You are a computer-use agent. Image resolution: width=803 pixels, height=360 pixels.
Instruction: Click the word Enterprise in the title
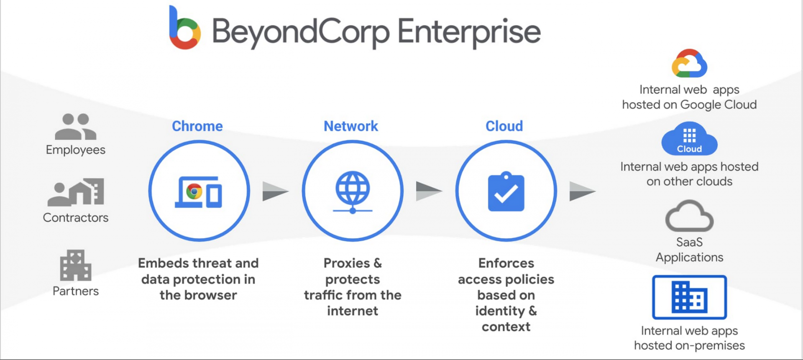click(469, 32)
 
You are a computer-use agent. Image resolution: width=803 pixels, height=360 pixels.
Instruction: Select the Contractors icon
click(76, 192)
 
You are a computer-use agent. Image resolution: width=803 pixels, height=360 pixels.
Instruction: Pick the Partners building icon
click(76, 266)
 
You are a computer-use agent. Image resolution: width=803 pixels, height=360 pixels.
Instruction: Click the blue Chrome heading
click(197, 126)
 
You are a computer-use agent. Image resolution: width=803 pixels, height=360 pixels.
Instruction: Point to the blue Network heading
click(351, 126)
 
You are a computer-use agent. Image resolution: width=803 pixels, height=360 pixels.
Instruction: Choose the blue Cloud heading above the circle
click(504, 126)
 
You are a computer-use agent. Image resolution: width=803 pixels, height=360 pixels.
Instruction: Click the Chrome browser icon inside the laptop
click(194, 191)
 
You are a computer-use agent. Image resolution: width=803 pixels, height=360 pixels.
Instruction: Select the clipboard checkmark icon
click(506, 191)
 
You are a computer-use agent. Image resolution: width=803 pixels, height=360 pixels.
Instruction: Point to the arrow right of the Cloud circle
click(583, 191)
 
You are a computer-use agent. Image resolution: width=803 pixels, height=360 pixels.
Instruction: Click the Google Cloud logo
click(689, 64)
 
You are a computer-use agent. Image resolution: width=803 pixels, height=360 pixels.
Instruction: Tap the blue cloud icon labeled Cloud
click(689, 139)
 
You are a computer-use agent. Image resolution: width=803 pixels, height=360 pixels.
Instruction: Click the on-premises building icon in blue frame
click(689, 297)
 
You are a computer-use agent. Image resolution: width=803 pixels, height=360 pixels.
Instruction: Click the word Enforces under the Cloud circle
click(506, 263)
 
